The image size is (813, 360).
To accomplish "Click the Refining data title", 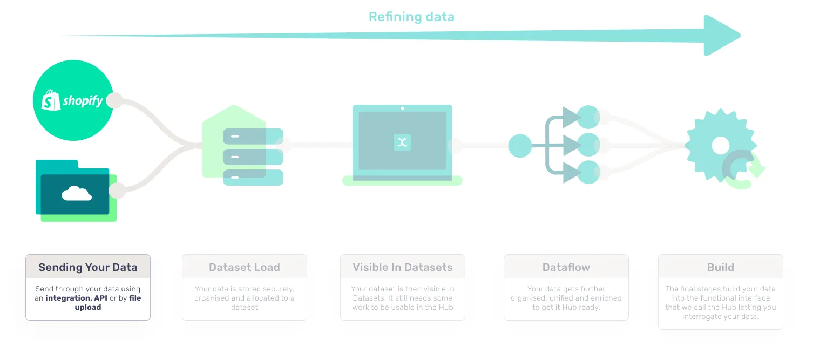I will (x=411, y=17).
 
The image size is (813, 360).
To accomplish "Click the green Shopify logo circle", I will (x=73, y=100).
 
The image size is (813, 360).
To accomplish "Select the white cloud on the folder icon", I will (x=77, y=193).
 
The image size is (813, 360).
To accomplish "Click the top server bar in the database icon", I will (x=253, y=136).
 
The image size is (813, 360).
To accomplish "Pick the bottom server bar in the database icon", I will (x=253, y=178).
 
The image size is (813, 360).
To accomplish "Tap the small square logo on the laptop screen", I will (x=402, y=142).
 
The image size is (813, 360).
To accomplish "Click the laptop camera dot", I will (x=402, y=108).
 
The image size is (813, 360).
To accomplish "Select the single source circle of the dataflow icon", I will (x=520, y=146).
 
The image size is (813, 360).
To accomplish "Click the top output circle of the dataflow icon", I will (x=588, y=117).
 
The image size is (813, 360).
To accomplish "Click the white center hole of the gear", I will (x=721, y=145).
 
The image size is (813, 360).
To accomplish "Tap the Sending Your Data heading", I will (x=88, y=267).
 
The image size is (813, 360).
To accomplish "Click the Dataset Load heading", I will (x=245, y=267).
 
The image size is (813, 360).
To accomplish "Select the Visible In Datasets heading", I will (x=403, y=267).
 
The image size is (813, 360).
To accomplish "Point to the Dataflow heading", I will (x=566, y=267).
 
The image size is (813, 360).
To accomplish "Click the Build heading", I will (x=721, y=267).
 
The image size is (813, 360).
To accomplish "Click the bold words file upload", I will (x=108, y=302).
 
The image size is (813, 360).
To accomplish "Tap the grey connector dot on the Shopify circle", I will (x=114, y=100).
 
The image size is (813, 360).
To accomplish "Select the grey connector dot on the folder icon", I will (x=117, y=191).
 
